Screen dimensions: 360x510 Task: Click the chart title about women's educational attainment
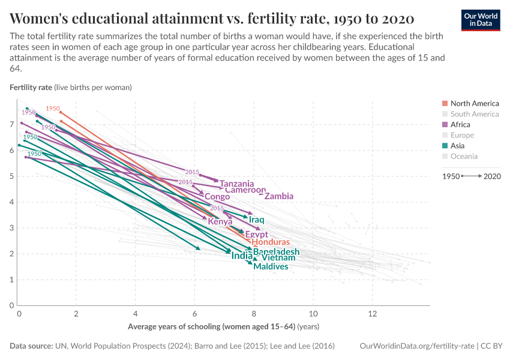212,17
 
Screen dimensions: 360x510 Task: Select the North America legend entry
474,103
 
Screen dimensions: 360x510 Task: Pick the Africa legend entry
460,125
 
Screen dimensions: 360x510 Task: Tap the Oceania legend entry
464,157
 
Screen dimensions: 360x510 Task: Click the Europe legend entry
462,136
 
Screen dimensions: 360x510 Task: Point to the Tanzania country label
236,184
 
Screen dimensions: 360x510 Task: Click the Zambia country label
278,196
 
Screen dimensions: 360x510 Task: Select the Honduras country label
271,242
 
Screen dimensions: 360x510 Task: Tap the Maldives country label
271,266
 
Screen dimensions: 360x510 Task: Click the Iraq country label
257,220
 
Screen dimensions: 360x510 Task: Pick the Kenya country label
220,221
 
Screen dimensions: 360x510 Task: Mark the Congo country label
217,197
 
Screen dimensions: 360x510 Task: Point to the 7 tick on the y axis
11,124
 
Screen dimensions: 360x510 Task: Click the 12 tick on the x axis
372,314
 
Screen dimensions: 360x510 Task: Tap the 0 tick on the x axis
19,314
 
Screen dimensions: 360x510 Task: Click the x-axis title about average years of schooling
223,327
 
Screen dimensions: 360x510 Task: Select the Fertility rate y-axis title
31,87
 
